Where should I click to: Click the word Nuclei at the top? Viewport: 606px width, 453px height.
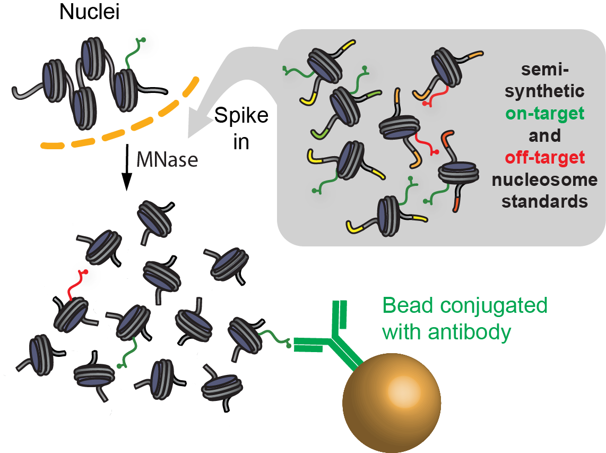[90, 12]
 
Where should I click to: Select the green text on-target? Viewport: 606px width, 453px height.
[544, 113]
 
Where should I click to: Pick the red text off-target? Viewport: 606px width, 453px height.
[544, 157]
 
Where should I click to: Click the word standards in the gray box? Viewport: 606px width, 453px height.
[544, 202]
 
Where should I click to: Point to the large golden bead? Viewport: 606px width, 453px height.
[392, 401]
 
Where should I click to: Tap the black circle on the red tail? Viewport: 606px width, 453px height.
[85, 277]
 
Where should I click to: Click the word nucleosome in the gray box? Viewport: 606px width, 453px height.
[544, 180]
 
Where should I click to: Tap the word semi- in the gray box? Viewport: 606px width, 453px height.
[544, 70]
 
